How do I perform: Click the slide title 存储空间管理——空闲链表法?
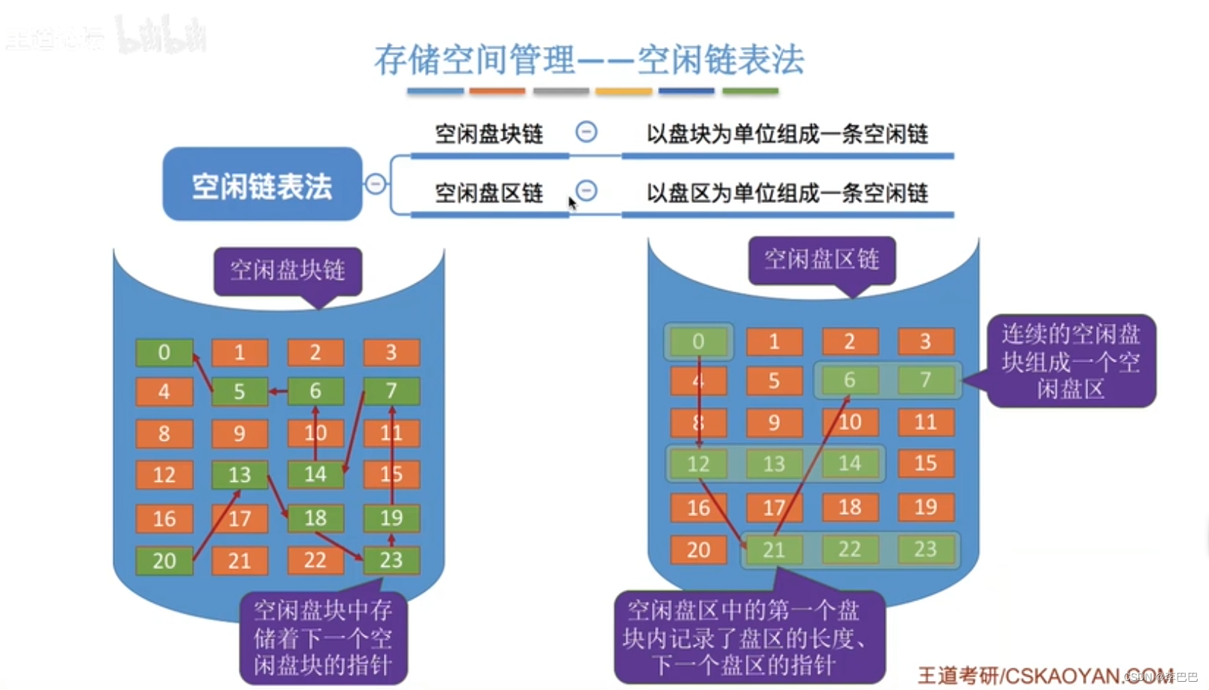click(x=588, y=60)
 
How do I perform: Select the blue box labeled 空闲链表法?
click(x=262, y=184)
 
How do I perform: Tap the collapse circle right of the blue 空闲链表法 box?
click(x=376, y=184)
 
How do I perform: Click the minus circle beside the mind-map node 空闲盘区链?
click(x=586, y=191)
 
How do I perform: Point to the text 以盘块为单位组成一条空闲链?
click(x=787, y=134)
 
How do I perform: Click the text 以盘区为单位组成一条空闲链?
click(x=787, y=194)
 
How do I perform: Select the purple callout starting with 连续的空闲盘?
click(x=1071, y=361)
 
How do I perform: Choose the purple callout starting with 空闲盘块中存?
click(x=323, y=638)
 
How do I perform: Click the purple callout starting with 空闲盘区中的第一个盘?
click(x=748, y=638)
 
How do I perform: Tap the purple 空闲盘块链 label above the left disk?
click(x=288, y=270)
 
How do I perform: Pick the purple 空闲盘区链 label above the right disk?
click(x=821, y=260)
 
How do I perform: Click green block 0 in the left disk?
click(x=164, y=353)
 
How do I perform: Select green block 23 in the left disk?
click(x=391, y=560)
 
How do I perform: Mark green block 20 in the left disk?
click(x=164, y=561)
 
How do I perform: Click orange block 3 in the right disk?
click(x=925, y=342)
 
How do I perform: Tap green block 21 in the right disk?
click(x=774, y=551)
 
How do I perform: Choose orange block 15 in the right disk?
click(x=925, y=463)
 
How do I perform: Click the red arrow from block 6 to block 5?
click(x=278, y=391)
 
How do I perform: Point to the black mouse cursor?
click(x=572, y=203)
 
